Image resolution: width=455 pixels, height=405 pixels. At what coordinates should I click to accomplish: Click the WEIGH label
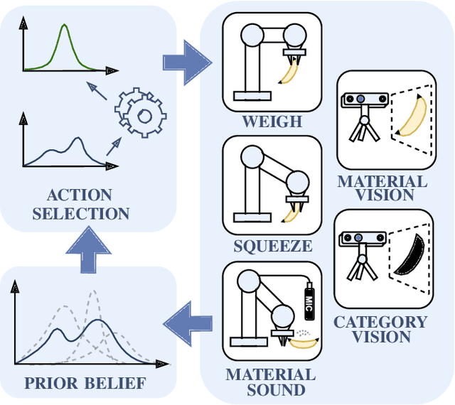pyautogui.click(x=273, y=121)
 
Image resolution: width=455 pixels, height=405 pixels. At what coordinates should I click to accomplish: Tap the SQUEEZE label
pyautogui.click(x=273, y=247)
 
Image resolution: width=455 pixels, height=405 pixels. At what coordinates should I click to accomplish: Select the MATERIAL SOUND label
pyautogui.click(x=270, y=381)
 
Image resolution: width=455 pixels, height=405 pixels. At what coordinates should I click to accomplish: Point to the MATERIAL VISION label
pyautogui.click(x=382, y=188)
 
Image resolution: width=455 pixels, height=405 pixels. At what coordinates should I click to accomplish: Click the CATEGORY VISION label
pyautogui.click(x=380, y=329)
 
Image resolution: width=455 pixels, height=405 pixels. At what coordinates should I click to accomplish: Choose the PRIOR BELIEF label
pyautogui.click(x=85, y=384)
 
